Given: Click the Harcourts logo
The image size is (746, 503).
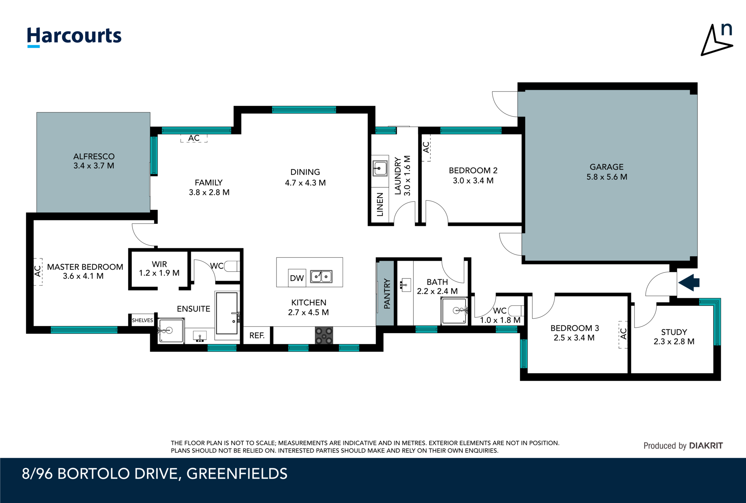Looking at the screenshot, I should point(74,36).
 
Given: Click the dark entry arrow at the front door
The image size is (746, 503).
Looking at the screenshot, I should point(689,282).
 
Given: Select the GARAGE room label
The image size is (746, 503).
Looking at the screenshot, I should point(606,167).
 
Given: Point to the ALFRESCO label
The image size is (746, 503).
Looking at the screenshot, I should point(94,156).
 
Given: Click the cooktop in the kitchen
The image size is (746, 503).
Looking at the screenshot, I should point(324,336).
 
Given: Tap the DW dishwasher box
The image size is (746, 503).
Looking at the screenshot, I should point(297,278).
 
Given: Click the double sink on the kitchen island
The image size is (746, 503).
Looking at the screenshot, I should point(321,276).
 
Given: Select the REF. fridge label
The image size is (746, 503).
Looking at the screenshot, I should point(257,336).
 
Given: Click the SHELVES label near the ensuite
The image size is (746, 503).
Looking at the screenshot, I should point(142,320).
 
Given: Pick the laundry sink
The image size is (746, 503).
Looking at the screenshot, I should point(380,168).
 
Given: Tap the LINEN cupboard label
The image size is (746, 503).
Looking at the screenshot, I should point(380,204).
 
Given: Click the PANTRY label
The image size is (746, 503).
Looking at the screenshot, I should point(387,294).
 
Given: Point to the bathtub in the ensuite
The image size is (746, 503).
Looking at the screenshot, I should point(227,313).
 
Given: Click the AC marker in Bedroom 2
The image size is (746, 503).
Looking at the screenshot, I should point(426,147).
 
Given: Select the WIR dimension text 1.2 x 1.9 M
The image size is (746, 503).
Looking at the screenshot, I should point(159,273).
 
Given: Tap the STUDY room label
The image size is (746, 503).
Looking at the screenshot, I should point(674,332).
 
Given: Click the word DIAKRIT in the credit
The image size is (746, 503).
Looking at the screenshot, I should point(706,445).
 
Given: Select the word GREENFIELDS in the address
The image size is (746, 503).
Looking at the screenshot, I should point(237,474).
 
